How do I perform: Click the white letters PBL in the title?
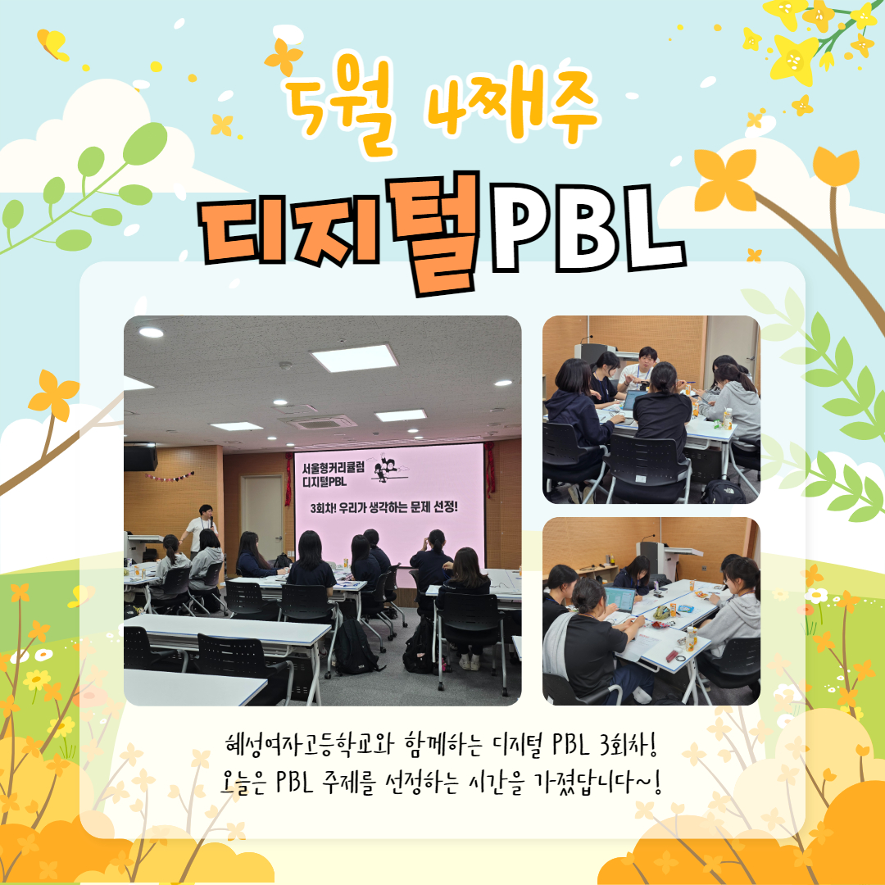587,228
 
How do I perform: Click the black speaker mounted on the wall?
141,456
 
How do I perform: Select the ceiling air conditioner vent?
318,422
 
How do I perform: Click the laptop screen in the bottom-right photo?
619,599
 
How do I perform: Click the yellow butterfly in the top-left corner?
52,44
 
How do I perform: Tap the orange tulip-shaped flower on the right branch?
835,166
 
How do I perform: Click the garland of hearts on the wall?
170,477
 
